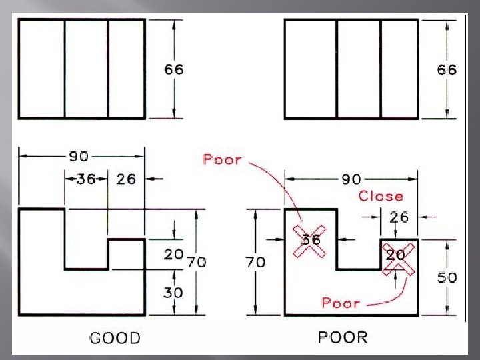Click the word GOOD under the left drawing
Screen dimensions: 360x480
point(115,338)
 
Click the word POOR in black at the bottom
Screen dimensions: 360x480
point(342,337)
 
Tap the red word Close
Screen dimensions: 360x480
point(381,196)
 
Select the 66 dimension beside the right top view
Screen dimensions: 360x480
point(447,69)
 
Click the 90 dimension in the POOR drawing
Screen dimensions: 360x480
point(351,179)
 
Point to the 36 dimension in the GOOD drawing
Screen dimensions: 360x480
point(85,179)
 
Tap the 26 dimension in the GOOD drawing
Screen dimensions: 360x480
point(126,179)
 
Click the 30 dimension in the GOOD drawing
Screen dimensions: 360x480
point(173,292)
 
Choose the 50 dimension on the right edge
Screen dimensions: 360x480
point(447,277)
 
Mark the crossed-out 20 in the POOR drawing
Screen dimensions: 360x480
point(396,256)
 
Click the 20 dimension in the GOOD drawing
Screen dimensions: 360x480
point(173,255)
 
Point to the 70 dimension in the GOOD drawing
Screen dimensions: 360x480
point(196,263)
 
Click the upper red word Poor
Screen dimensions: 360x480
point(221,159)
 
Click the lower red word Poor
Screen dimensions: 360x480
point(341,303)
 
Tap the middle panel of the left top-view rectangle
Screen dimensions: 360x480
point(86,69)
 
